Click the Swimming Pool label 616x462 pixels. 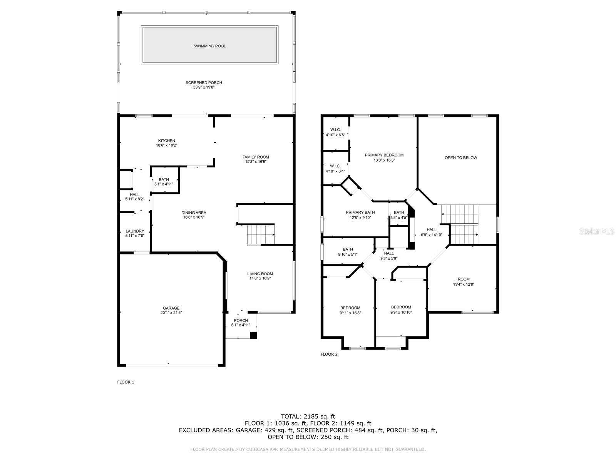pos(209,46)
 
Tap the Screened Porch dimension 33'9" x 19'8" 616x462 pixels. pos(204,87)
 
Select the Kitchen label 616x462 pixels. pos(167,141)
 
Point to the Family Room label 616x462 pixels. pos(256,157)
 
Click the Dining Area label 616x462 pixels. pos(194,213)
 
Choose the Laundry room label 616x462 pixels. pos(135,231)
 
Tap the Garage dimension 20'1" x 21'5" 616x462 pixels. pos(171,313)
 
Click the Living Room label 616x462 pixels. pos(260,274)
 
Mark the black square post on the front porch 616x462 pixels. pos(253,335)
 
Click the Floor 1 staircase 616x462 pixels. pos(261,235)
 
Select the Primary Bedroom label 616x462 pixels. pos(384,155)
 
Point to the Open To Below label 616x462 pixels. pos(461,157)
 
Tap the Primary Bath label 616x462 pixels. pos(360,213)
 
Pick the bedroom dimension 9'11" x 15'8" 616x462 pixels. pos(350,313)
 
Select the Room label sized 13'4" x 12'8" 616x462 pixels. pos(464,279)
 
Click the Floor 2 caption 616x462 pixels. pos(329,354)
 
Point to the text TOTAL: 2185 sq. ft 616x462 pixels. pos(308,417)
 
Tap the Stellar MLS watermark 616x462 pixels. pos(597,231)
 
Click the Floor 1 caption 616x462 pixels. pos(126,382)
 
